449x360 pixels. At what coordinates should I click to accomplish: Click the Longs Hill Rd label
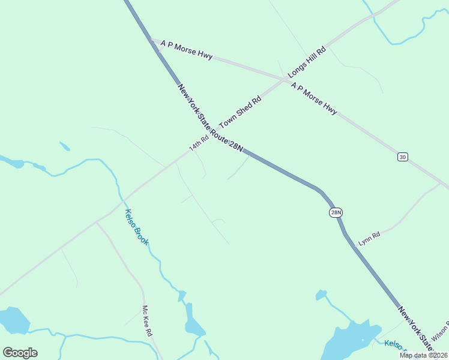(307, 61)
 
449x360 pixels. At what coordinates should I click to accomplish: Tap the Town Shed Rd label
(241, 112)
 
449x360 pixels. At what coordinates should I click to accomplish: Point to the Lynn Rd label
(369, 238)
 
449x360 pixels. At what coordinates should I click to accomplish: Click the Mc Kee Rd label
(147, 321)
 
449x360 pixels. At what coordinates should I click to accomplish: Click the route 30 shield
(402, 157)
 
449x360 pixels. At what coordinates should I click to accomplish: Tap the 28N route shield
(336, 212)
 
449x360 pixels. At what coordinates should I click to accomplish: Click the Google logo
(20, 353)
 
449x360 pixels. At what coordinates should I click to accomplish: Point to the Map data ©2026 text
(423, 355)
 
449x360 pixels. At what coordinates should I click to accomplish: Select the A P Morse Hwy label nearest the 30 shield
(314, 99)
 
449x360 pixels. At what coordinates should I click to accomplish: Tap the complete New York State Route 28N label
(210, 118)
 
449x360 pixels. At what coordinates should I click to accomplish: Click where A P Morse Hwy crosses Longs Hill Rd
(286, 79)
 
